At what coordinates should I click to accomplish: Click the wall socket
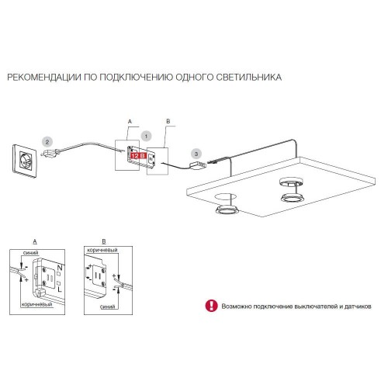pos(25,161)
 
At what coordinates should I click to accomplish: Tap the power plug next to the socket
pos(50,154)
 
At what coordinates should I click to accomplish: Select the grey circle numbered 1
pos(146,136)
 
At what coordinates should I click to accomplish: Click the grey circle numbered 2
pos(47,142)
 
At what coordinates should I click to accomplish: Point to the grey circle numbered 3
pos(196,154)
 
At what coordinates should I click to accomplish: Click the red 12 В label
pos(139,155)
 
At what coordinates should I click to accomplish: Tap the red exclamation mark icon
pos(211,306)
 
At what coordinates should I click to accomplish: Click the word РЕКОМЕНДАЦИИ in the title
pos(44,77)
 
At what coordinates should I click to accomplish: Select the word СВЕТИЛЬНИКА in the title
pos(249,77)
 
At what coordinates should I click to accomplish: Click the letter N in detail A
pos(60,268)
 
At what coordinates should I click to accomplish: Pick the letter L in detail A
pos(60,289)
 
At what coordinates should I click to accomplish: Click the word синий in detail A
pos(30,253)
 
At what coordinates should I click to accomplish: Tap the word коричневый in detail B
pos(102,250)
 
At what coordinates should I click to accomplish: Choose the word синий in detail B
pos(107,307)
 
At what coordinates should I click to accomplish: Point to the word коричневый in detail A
pos(37,304)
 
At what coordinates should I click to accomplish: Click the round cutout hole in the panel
pos(225,197)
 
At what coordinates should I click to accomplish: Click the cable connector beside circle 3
pos(198,165)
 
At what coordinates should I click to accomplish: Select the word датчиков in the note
pos(358,307)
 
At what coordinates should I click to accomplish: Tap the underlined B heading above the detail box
pos(104,241)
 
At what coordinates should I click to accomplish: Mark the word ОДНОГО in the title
pos(194,77)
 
